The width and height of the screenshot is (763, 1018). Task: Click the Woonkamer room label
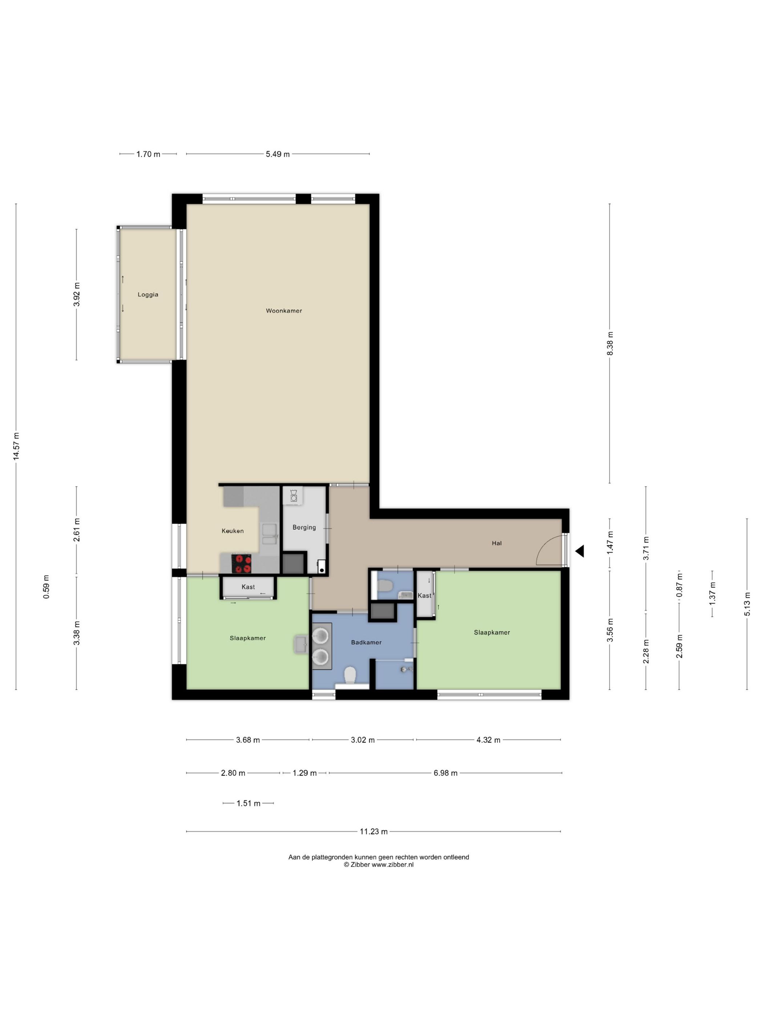(x=284, y=310)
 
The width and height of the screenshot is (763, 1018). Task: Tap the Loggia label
(x=148, y=294)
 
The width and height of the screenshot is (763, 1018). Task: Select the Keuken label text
(x=233, y=530)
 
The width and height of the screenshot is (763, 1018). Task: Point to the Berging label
(x=304, y=528)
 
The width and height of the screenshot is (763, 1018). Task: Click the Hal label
(x=497, y=543)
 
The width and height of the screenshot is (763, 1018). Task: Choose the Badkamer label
(x=366, y=642)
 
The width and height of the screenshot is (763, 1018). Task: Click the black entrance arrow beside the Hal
(x=580, y=551)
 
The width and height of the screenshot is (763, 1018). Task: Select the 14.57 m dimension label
(x=16, y=446)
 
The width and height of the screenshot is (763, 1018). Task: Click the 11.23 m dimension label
(x=374, y=831)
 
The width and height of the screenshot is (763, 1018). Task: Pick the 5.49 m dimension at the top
(x=278, y=154)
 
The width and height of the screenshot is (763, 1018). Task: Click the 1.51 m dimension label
(x=249, y=803)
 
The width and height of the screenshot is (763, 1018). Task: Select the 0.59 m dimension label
(x=46, y=587)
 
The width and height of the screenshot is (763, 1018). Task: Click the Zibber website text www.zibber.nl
(x=392, y=864)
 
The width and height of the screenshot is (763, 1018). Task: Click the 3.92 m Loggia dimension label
(x=77, y=294)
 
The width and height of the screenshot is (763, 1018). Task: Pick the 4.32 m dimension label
(x=488, y=740)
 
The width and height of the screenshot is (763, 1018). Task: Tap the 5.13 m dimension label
(x=747, y=604)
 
